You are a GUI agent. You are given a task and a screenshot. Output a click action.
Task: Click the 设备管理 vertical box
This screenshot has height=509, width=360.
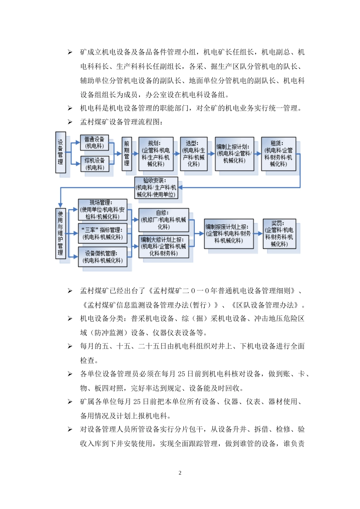[x=61, y=152]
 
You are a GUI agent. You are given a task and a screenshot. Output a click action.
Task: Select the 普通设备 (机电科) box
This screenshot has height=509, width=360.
[x=94, y=143]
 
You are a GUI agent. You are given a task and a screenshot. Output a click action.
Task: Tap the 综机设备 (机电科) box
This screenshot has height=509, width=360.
[x=95, y=164]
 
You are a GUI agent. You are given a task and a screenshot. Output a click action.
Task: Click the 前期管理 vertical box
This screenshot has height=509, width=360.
[x=127, y=153]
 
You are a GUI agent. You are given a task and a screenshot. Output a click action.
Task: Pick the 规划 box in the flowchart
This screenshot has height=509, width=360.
[x=156, y=154]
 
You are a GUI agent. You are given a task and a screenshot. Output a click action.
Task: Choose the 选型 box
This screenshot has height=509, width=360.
[x=194, y=154]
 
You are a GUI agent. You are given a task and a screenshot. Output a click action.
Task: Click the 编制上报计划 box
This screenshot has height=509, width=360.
[x=234, y=154]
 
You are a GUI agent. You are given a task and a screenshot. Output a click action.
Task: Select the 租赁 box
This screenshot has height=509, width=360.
[x=279, y=154]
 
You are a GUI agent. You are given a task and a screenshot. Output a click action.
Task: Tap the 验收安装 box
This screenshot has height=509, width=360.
[x=156, y=187]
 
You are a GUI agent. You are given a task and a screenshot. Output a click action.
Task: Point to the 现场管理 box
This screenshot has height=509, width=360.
[x=102, y=209]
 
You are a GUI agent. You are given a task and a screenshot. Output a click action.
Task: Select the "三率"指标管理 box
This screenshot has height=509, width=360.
[x=102, y=233]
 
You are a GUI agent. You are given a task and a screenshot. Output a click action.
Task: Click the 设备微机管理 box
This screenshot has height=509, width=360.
[x=102, y=257]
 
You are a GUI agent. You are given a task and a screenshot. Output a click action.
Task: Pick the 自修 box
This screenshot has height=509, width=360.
[x=163, y=220]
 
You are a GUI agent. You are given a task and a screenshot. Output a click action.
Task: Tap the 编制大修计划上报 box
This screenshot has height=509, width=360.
[x=163, y=247]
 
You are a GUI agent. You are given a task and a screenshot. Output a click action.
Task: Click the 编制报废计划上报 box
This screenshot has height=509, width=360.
[x=229, y=234]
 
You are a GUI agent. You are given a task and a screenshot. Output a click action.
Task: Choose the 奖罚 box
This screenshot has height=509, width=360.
[x=279, y=234]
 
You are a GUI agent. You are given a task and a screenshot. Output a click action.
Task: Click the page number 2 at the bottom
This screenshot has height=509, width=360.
[x=180, y=473]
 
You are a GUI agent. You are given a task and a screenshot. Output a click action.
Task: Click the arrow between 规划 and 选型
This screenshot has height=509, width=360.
[x=177, y=154]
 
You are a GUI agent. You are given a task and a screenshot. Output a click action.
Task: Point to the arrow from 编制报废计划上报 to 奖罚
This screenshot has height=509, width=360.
[x=258, y=234]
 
